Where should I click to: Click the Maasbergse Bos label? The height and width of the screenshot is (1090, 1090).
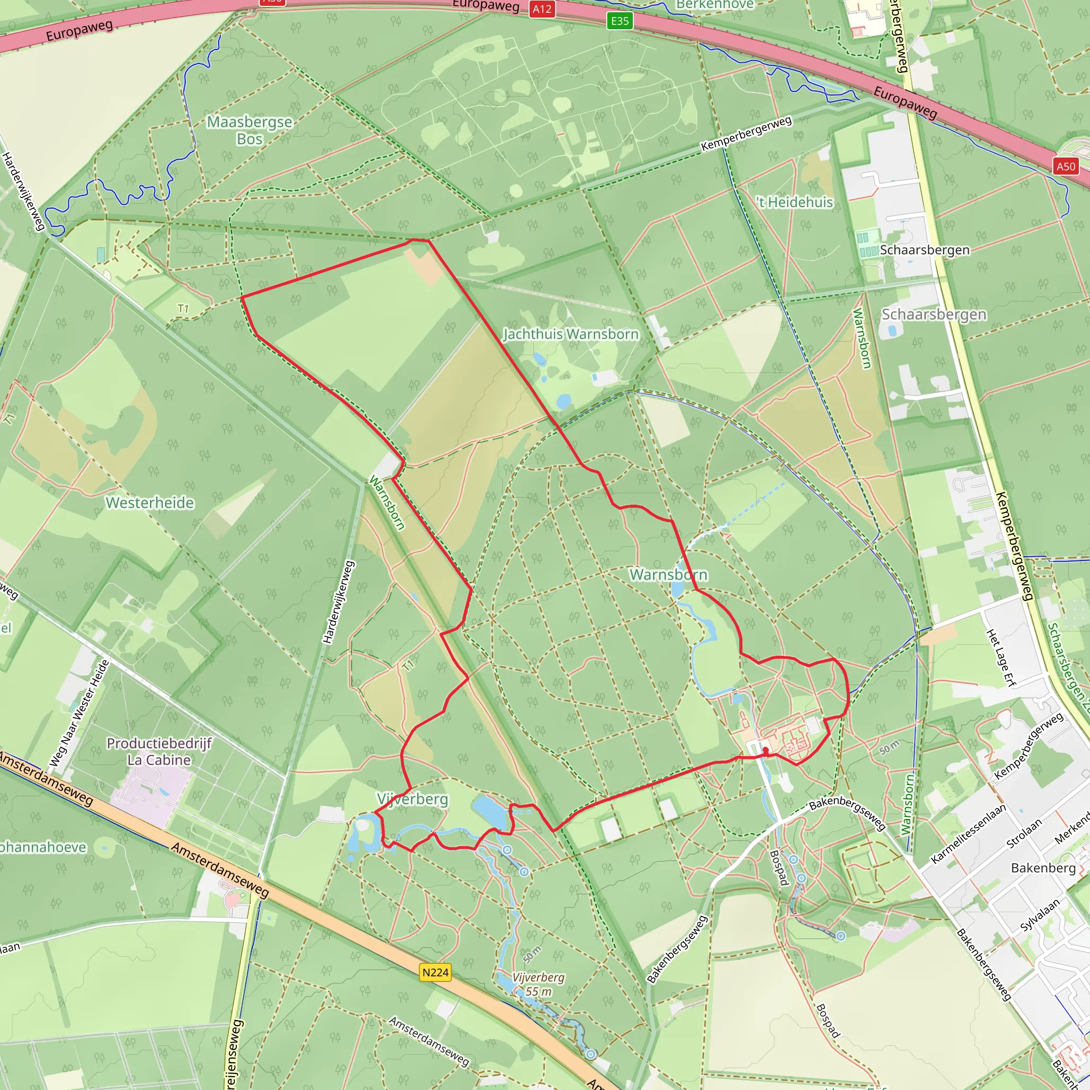(x=250, y=130)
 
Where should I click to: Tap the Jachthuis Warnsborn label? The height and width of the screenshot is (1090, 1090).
(x=571, y=334)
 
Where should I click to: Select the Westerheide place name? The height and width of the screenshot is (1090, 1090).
(x=150, y=502)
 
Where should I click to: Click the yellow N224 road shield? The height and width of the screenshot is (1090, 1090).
(x=435, y=972)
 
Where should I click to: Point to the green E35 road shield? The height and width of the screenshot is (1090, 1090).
(x=620, y=21)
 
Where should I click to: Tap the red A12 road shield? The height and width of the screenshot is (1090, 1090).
(x=542, y=9)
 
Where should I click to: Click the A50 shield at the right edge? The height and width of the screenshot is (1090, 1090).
(x=1066, y=167)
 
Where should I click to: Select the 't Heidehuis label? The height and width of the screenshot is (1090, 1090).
(x=795, y=202)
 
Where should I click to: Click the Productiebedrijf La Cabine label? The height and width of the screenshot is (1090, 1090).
(x=159, y=752)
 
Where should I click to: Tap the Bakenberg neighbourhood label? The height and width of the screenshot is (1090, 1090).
(x=1043, y=868)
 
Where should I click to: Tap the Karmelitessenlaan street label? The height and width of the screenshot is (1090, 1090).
(x=968, y=834)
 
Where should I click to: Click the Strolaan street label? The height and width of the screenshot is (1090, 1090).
(x=1023, y=835)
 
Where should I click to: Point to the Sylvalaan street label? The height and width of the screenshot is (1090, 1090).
(x=1040, y=915)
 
